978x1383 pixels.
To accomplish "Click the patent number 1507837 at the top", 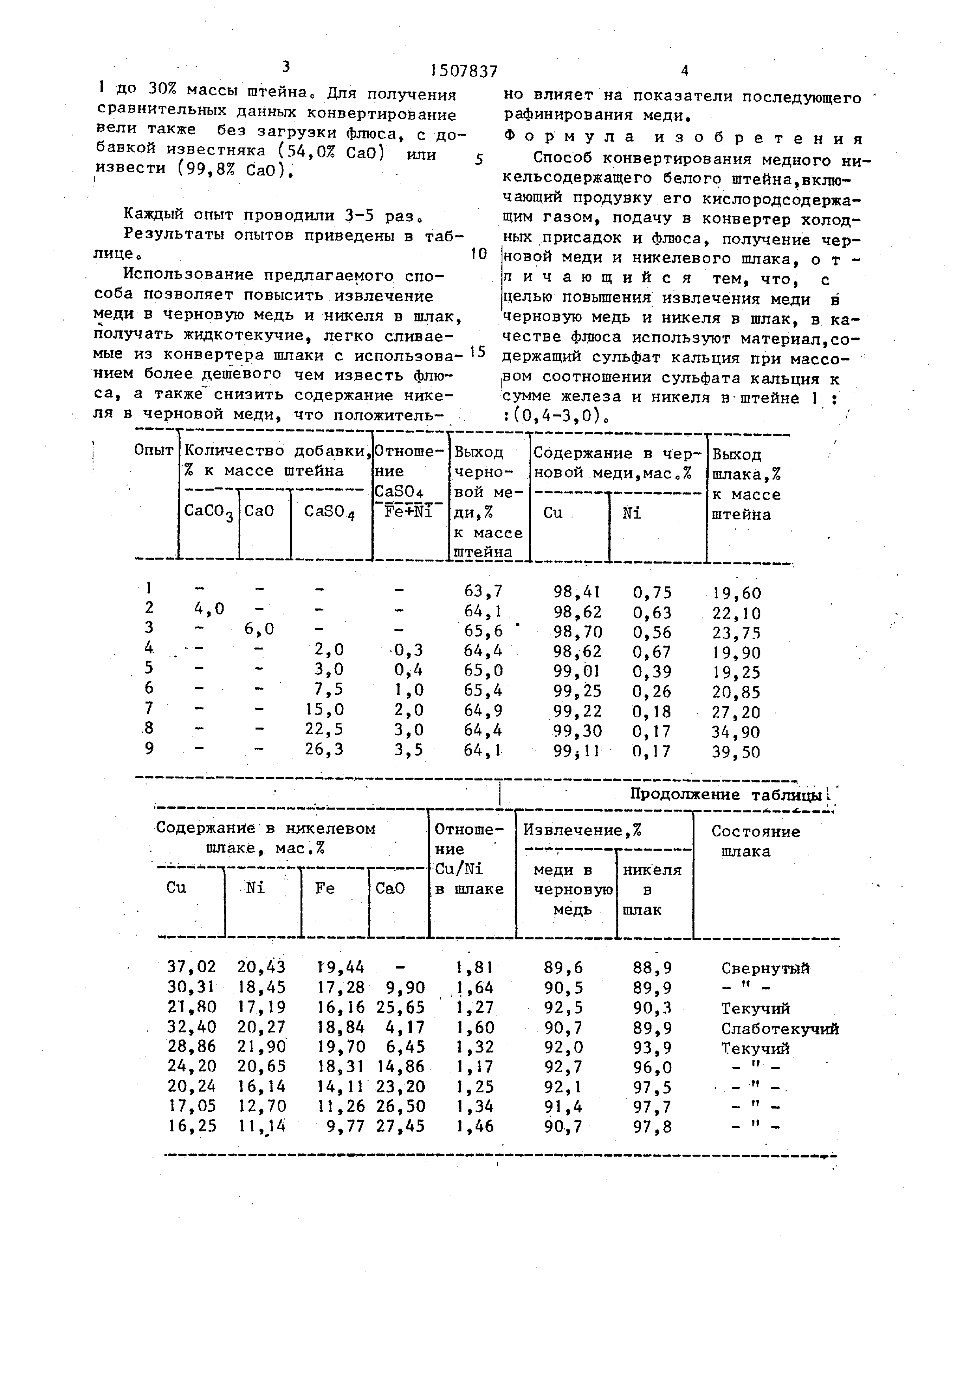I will [464, 72].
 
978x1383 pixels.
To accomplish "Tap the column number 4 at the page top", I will [684, 71].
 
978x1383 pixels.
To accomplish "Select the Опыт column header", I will [153, 451].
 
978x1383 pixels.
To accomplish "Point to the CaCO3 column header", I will [208, 511].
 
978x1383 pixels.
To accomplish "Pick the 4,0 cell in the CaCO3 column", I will [209, 609].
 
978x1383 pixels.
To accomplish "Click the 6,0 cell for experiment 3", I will [259, 629].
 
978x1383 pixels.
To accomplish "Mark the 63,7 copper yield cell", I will [483, 591].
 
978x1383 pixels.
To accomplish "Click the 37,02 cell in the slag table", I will [192, 967].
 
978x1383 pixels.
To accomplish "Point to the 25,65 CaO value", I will [401, 1007].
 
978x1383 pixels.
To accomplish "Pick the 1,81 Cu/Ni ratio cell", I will [474, 967].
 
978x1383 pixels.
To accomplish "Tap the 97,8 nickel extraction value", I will [652, 1126].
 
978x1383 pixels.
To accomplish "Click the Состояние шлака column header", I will [755, 841].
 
